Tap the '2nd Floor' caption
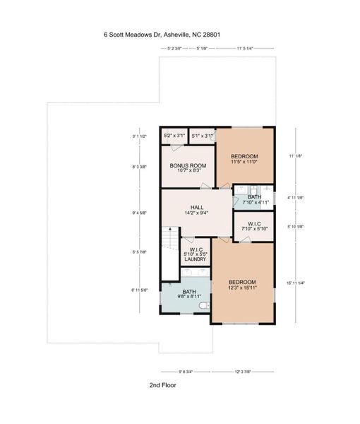[162, 386]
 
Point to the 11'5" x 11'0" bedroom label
[244, 159]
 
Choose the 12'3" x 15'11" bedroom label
[241, 285]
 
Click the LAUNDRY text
[196, 259]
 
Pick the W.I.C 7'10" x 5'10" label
[255, 226]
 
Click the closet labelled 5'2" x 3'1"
[174, 136]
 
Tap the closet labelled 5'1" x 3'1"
[202, 136]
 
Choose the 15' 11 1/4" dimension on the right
[296, 283]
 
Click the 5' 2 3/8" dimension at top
[172, 49]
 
